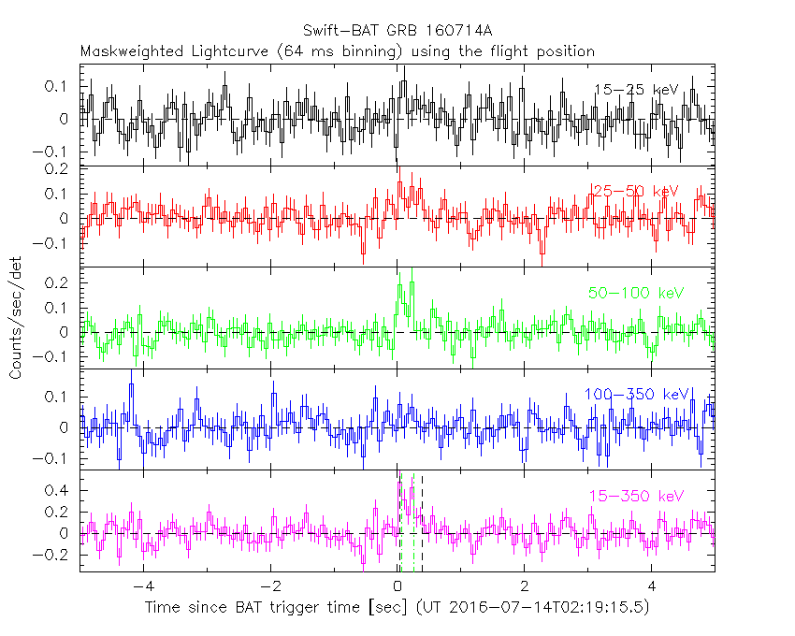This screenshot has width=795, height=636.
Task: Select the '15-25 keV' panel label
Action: point(635,90)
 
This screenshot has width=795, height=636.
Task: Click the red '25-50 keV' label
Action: point(634,192)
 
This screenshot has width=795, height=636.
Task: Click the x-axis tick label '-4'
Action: point(142,587)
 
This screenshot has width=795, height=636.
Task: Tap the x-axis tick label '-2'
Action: point(269,587)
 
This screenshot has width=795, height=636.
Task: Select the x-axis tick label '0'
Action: point(397,587)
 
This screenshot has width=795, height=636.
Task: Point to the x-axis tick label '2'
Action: point(525,587)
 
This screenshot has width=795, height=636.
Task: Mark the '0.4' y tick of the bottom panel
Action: point(63,490)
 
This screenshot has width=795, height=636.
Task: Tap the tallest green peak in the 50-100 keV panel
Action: point(412,273)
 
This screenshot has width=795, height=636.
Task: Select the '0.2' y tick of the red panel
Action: point(63,169)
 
